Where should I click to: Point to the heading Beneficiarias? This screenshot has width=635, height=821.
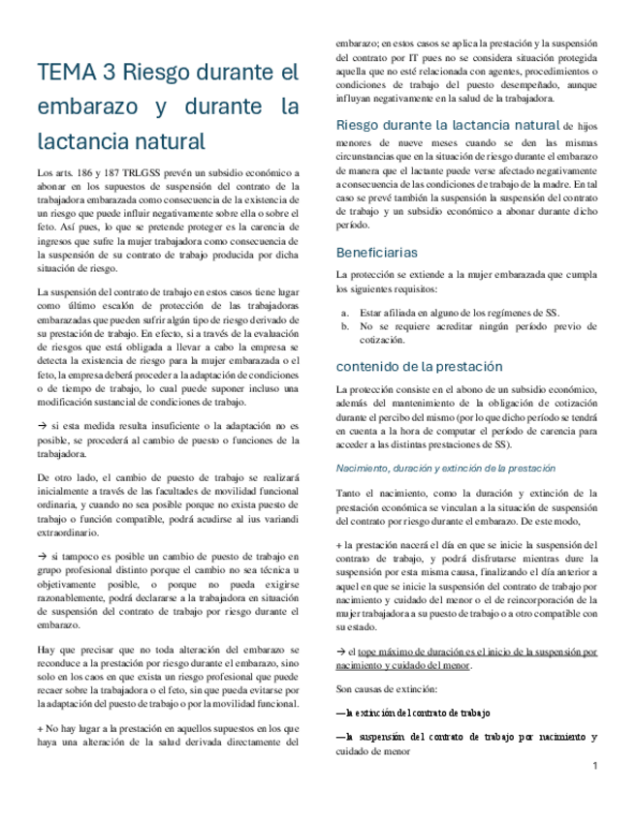(x=377, y=253)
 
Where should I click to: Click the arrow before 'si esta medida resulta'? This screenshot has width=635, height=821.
(x=41, y=426)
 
